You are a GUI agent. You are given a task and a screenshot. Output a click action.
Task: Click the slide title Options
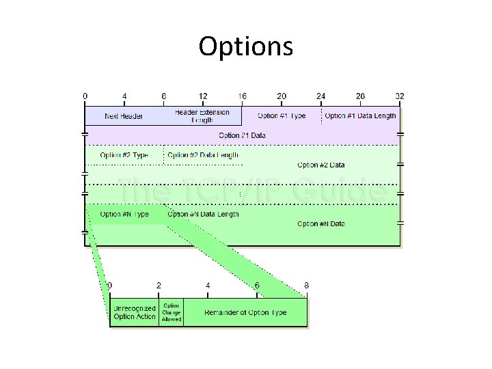[246, 46]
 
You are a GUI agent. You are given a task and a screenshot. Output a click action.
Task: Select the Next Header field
[124, 116]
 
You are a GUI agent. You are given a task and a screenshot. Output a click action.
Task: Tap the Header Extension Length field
[202, 116]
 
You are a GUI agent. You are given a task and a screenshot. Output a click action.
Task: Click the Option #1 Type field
[282, 115]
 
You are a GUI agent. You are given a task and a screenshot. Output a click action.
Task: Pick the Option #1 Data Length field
[360, 115]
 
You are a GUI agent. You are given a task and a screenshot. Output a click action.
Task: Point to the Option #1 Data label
[243, 135]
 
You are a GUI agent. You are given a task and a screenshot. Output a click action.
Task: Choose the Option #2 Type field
[124, 155]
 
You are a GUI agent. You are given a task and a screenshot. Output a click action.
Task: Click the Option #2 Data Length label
[203, 155]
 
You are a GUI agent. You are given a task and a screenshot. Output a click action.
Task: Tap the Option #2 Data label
[321, 165]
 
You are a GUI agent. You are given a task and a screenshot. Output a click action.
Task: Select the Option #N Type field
[124, 214]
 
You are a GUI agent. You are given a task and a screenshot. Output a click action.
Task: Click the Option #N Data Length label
[203, 214]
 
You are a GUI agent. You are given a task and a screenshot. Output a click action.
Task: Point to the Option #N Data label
[321, 223]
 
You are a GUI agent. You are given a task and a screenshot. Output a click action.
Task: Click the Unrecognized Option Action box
[135, 313]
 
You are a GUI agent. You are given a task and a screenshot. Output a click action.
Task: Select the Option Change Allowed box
[172, 312]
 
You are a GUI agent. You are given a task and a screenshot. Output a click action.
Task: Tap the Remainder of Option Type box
[245, 313]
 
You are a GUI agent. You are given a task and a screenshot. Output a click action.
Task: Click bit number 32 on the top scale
[400, 96]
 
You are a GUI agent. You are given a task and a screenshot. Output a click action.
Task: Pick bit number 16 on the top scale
[243, 96]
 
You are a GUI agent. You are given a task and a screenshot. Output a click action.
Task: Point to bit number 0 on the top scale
[85, 96]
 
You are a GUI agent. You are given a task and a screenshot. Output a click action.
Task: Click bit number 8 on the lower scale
[306, 285]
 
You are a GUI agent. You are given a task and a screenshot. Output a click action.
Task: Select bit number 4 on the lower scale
[208, 285]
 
